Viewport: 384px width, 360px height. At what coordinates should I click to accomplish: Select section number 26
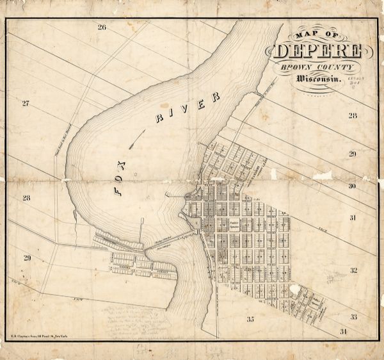coord(101,27)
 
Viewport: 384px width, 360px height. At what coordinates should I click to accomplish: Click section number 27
coord(26,103)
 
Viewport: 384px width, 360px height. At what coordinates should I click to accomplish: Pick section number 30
coord(352,186)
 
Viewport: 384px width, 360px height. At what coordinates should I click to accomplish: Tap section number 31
coord(353,218)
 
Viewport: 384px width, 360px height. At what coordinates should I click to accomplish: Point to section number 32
coord(353,270)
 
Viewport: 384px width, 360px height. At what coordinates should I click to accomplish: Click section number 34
coord(343,331)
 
